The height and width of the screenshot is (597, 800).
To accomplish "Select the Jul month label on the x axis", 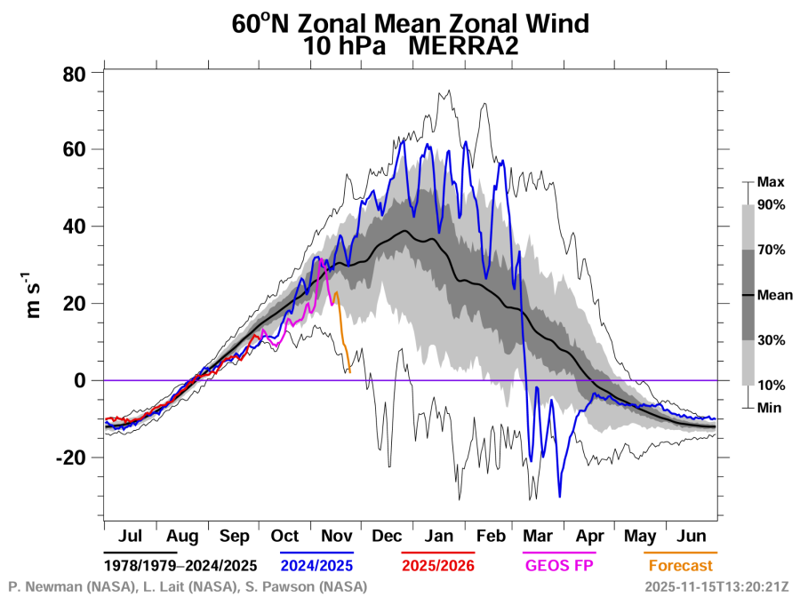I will point(130,537).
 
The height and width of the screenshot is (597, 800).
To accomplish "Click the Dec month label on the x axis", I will point(388,537).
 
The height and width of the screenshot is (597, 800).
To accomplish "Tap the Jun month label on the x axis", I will point(692,537).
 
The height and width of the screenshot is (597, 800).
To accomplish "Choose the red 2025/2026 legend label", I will point(438,565).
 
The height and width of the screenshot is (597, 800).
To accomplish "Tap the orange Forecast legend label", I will point(680,565).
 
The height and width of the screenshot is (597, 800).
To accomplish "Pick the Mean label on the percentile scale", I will point(774,295).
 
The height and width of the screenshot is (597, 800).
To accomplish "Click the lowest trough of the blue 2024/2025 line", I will point(560,496).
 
